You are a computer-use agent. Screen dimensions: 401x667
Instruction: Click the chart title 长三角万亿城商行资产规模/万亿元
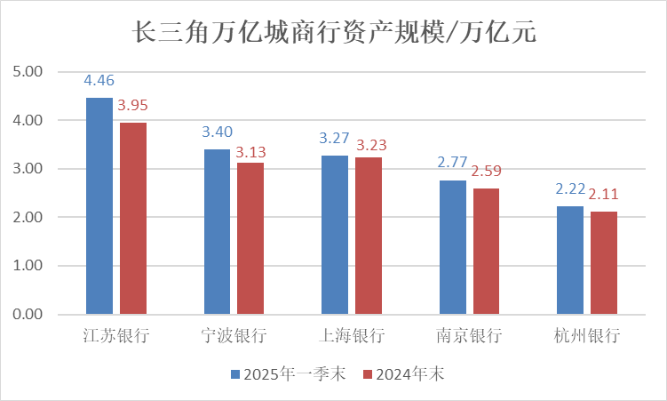click(334, 33)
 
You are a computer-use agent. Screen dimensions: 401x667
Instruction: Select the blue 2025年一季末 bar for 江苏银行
click(99, 205)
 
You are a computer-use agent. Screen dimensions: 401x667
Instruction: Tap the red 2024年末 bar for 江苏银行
click(133, 218)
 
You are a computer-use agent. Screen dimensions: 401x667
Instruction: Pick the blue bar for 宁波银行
click(218, 231)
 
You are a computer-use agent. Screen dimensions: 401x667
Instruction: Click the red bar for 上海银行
click(369, 236)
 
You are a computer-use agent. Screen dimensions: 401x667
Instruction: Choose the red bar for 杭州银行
click(604, 263)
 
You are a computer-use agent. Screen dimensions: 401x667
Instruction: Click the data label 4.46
click(99, 81)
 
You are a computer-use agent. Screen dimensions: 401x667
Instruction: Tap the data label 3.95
click(133, 106)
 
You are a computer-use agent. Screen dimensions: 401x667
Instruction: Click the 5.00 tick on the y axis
click(28, 71)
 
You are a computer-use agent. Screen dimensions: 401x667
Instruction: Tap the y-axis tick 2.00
click(28, 217)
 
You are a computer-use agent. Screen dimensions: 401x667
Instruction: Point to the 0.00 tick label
click(28, 315)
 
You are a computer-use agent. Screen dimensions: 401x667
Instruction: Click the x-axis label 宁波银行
click(234, 336)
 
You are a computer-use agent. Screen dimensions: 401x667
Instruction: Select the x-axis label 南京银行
click(470, 336)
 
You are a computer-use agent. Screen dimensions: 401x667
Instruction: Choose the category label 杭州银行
click(587, 336)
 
